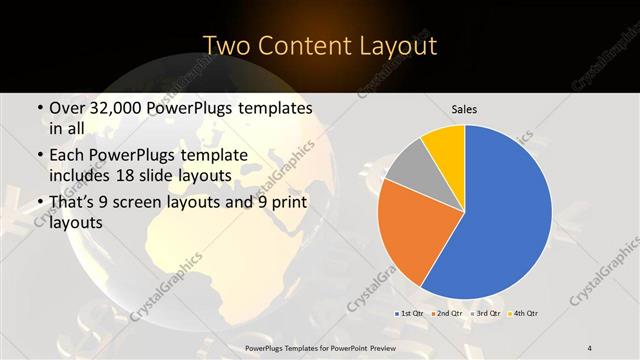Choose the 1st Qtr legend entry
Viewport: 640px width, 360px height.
point(410,313)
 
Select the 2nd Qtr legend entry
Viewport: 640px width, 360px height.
point(447,313)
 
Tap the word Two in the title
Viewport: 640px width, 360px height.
point(226,46)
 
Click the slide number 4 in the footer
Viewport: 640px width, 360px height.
point(590,347)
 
